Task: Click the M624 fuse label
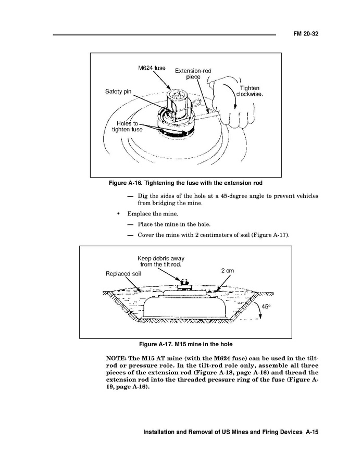click(x=152, y=68)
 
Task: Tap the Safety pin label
click(x=118, y=92)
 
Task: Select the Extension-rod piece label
click(x=193, y=73)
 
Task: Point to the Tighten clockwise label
click(x=250, y=91)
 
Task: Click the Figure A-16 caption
click(x=185, y=183)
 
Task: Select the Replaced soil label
click(x=123, y=273)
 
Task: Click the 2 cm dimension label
click(x=228, y=271)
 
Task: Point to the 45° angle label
click(x=266, y=307)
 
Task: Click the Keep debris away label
click(x=160, y=261)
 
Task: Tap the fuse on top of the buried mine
click(x=183, y=284)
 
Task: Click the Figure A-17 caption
click(x=185, y=345)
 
